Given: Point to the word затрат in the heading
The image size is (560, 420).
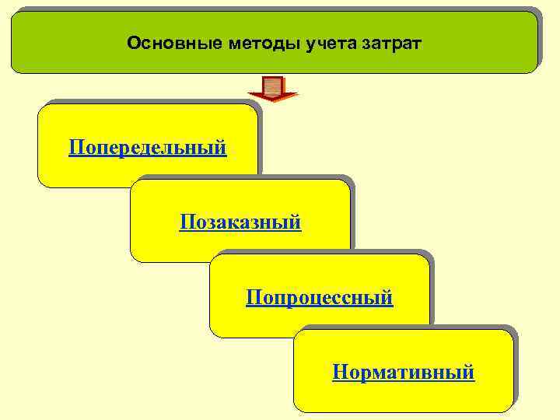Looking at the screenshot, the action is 392,43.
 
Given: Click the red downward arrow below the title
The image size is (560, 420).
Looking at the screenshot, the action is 273,89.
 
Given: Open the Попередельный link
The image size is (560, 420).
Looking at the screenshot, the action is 148,147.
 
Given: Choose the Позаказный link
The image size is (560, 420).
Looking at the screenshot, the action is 240,222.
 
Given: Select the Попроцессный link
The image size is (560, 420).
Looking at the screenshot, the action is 320,297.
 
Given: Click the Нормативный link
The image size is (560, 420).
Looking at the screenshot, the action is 403,373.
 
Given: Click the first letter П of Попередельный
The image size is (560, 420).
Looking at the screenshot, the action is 75,147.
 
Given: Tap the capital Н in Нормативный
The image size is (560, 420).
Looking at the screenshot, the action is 338,373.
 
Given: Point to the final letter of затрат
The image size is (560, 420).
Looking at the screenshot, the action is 418,44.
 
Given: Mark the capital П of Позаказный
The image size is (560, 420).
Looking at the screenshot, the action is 186,222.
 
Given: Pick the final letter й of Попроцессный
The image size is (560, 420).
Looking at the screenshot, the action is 388,297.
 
